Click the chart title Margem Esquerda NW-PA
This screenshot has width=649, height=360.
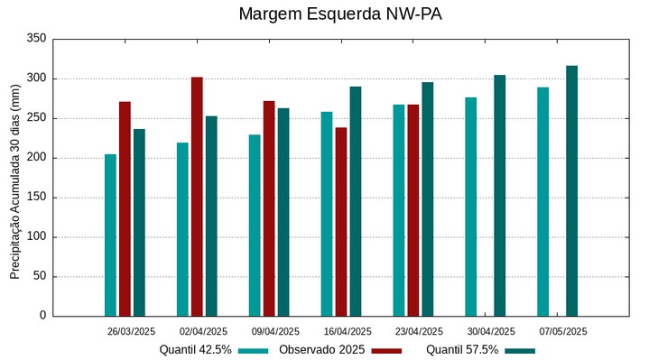tap(340, 14)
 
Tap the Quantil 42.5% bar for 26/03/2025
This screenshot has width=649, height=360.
tap(110, 235)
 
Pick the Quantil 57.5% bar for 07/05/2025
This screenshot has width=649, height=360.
tap(571, 190)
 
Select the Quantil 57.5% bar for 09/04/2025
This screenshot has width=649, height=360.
tap(283, 212)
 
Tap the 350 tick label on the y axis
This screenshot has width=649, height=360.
tap(36, 39)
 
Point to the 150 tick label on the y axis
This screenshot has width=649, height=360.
tap(36, 198)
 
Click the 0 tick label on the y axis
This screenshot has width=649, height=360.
tap(42, 316)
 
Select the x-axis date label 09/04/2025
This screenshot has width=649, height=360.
tap(275, 331)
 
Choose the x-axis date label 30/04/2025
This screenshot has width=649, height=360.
tap(491, 331)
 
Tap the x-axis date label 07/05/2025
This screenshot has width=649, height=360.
tap(563, 331)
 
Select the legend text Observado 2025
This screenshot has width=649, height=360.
tap(321, 349)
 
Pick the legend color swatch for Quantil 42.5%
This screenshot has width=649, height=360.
tap(254, 350)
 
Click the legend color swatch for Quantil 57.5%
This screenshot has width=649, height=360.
tap(520, 350)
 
